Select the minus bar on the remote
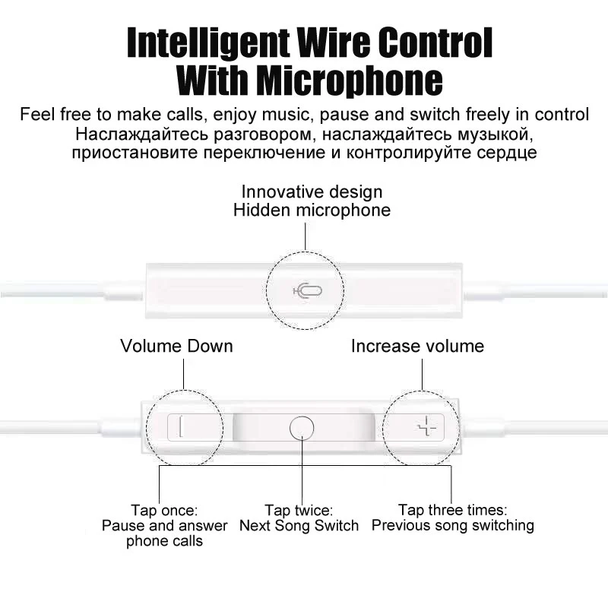click(x=180, y=426)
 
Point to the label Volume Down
click(x=176, y=347)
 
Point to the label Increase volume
click(x=417, y=347)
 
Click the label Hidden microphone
click(x=312, y=211)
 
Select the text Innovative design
click(x=312, y=192)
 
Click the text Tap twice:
click(x=299, y=510)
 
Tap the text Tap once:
click(x=164, y=509)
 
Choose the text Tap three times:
click(x=452, y=509)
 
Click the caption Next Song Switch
click(x=299, y=526)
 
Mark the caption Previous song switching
click(x=452, y=525)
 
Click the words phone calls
click(x=164, y=542)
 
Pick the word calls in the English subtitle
click(x=183, y=116)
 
